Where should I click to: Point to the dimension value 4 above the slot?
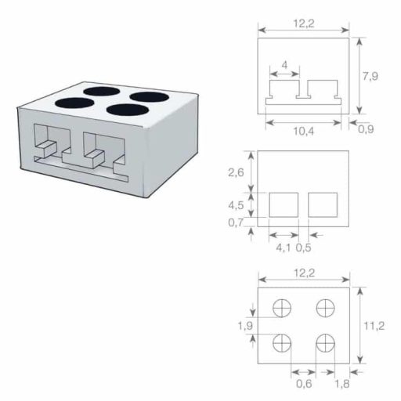click(x=284, y=63)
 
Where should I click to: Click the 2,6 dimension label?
click(x=235, y=172)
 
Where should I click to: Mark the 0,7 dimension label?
click(x=235, y=223)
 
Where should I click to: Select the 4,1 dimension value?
click(x=284, y=249)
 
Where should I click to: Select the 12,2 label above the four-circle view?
click(x=304, y=273)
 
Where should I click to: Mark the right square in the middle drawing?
click(x=322, y=205)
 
